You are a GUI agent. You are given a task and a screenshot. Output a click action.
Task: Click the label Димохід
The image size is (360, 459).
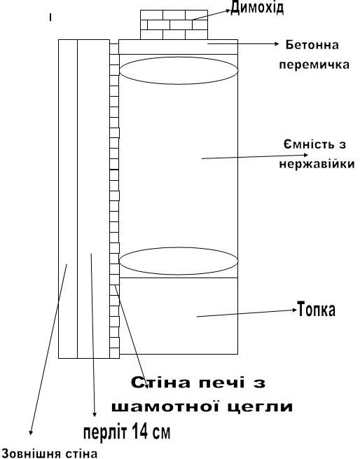click(x=257, y=8)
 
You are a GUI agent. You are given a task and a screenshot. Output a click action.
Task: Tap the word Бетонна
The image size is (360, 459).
click(x=312, y=45)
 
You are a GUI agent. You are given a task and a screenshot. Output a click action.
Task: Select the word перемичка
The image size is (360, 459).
click(x=314, y=64)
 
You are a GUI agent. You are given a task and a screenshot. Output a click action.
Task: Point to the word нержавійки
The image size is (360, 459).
click(x=317, y=164)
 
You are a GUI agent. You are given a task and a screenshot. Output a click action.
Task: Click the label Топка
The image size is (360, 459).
click(x=316, y=309)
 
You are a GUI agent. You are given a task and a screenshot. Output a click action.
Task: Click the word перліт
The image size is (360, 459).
click(x=105, y=432)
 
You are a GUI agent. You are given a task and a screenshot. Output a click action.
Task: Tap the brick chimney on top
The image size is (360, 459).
click(x=174, y=25)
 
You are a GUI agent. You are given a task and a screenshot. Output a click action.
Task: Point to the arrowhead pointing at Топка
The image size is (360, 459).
click(x=295, y=310)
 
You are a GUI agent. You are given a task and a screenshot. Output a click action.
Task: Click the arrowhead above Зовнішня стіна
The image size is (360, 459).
click(x=30, y=432)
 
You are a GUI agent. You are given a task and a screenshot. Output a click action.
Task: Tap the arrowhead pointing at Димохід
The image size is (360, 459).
click(x=228, y=11)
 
